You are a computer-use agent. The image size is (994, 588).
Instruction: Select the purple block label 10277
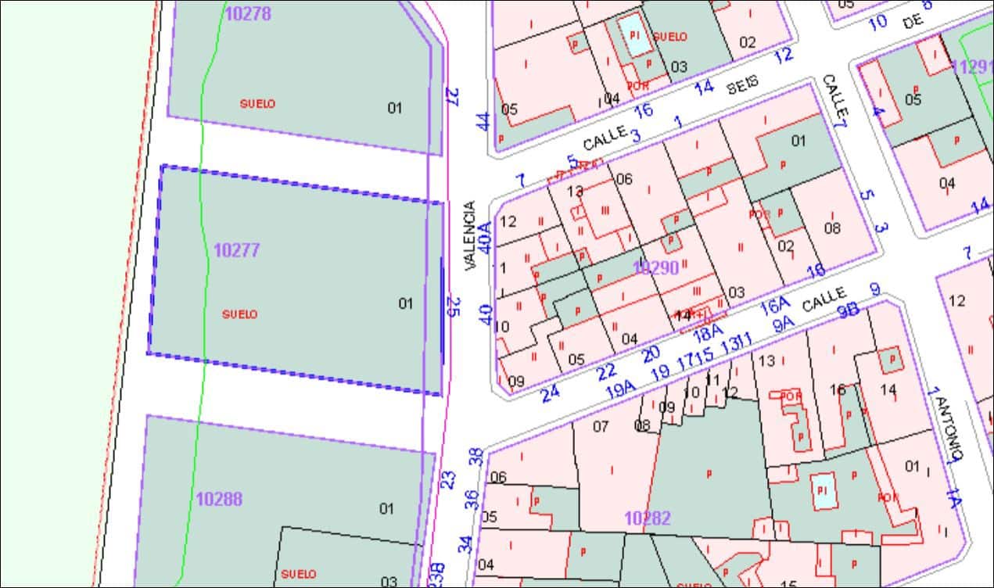coord(236,251)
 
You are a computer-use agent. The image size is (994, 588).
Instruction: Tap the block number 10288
coord(219,499)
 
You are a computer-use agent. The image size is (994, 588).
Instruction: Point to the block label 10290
coord(655,267)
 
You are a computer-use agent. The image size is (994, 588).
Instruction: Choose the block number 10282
coord(648,518)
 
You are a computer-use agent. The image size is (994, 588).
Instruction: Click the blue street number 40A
coord(486,237)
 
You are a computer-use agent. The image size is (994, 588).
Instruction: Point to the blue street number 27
coord(452,96)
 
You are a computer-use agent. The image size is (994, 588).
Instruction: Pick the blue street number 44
coord(483,122)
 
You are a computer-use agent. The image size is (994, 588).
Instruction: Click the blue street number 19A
coord(620,389)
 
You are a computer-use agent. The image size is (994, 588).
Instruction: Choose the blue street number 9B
coord(848,310)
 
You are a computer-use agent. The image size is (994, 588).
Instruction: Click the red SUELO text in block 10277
coord(240,314)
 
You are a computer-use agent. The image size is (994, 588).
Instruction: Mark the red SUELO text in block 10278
coord(257,104)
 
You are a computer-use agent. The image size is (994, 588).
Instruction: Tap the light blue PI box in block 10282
coord(822,490)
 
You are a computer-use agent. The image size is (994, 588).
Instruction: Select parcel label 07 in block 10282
coord(601,426)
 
